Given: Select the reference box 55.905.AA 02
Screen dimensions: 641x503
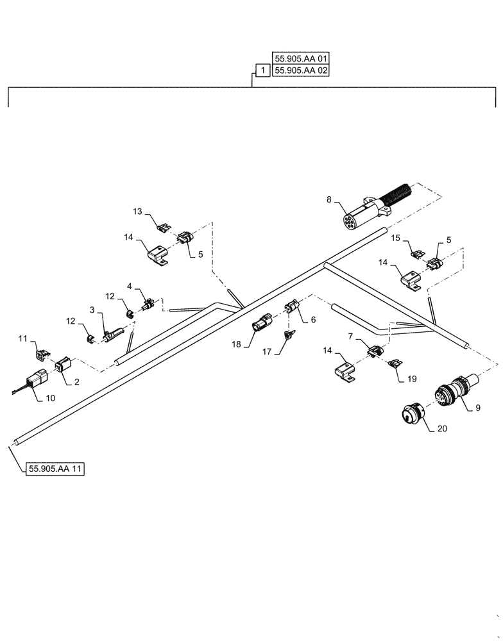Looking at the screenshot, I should pos(300,71).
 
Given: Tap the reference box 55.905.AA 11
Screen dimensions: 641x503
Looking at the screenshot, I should pos(56,469).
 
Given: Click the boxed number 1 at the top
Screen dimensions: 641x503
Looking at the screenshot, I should pos(262,71).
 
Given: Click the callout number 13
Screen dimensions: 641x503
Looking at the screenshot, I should pos(137,212).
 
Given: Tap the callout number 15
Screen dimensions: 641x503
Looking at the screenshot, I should pos(395,238).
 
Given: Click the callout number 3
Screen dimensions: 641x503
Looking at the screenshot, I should pos(92,310).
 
